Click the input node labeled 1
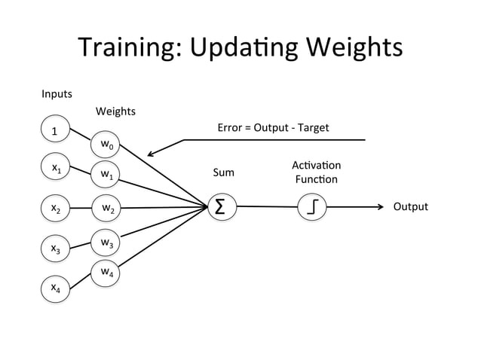54,131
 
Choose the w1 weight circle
106,175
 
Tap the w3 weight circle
106,243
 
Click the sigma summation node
219,207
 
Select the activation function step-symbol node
312,207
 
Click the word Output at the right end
410,206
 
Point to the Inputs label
57,94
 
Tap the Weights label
115,111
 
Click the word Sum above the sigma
223,172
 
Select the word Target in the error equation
313,127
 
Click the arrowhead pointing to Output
381,206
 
